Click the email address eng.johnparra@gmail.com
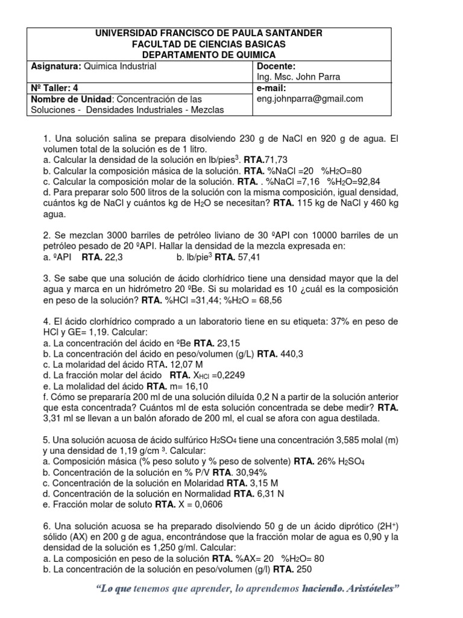click(x=310, y=99)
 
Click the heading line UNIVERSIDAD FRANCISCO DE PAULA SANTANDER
click(x=210, y=34)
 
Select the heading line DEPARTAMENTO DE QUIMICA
click(x=210, y=54)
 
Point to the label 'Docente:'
click(x=276, y=66)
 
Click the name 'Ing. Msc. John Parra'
click(x=298, y=77)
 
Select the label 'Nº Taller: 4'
click(x=56, y=88)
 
